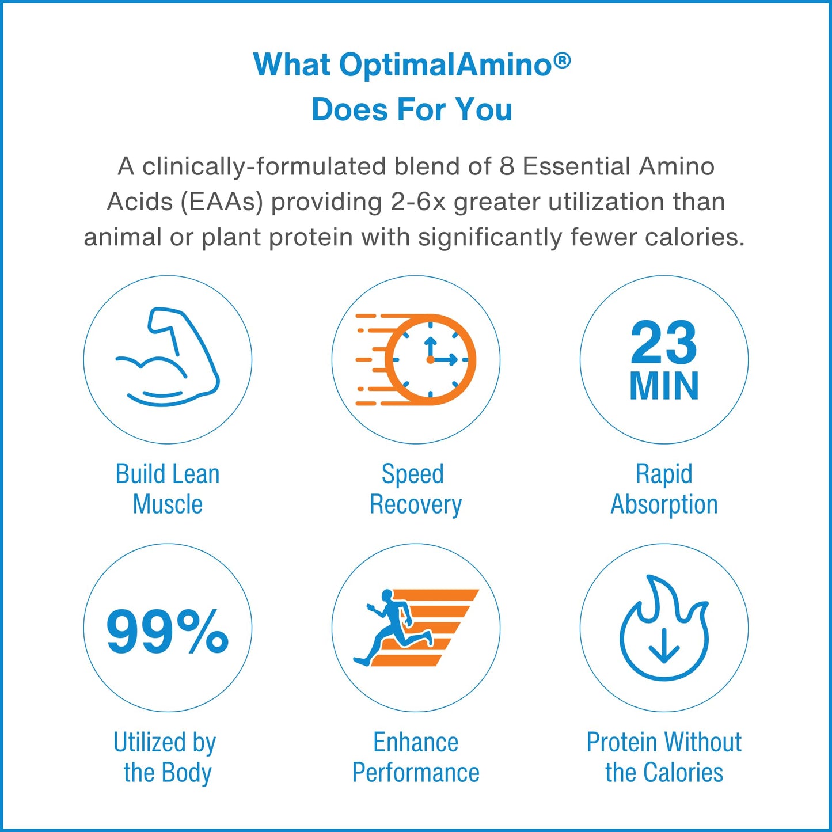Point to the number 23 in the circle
[663, 343]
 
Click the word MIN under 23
[664, 386]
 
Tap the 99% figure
[168, 631]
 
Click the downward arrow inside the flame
[664, 645]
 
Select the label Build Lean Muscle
[168, 489]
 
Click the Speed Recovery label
[415, 489]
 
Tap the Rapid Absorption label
[664, 489]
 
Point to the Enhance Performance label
[415, 757]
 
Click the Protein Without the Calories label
[664, 757]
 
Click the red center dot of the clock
[430, 360]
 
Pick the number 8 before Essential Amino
[507, 167]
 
